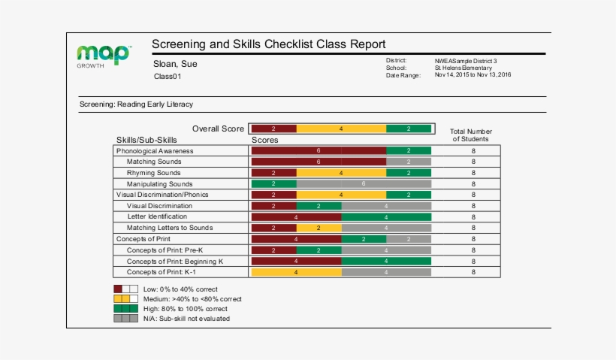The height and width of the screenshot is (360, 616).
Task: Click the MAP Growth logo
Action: [x=104, y=56]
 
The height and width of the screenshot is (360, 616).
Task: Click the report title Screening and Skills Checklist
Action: [x=268, y=44]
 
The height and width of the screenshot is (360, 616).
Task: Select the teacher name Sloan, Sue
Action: [x=175, y=64]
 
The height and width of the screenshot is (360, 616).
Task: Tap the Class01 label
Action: [x=168, y=77]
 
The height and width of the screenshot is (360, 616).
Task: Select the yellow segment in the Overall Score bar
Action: [x=341, y=129]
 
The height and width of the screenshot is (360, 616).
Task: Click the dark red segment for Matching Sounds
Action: [x=319, y=162]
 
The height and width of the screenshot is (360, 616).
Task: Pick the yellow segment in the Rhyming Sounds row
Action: [x=341, y=173]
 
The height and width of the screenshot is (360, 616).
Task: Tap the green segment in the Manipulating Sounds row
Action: [x=273, y=183]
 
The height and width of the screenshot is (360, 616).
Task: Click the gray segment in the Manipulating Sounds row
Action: [x=364, y=183]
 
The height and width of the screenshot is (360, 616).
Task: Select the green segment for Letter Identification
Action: [x=386, y=216]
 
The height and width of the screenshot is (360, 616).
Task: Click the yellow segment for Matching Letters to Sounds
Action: [x=319, y=228]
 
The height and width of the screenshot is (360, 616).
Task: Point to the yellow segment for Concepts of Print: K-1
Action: [x=296, y=272]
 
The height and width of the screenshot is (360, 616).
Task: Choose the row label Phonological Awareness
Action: [x=155, y=151]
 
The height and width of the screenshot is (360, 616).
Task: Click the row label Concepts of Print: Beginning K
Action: [x=175, y=261]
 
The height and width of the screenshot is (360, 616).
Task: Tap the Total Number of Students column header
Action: [x=470, y=135]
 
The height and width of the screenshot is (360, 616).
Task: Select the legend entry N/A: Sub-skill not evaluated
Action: [x=186, y=319]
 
